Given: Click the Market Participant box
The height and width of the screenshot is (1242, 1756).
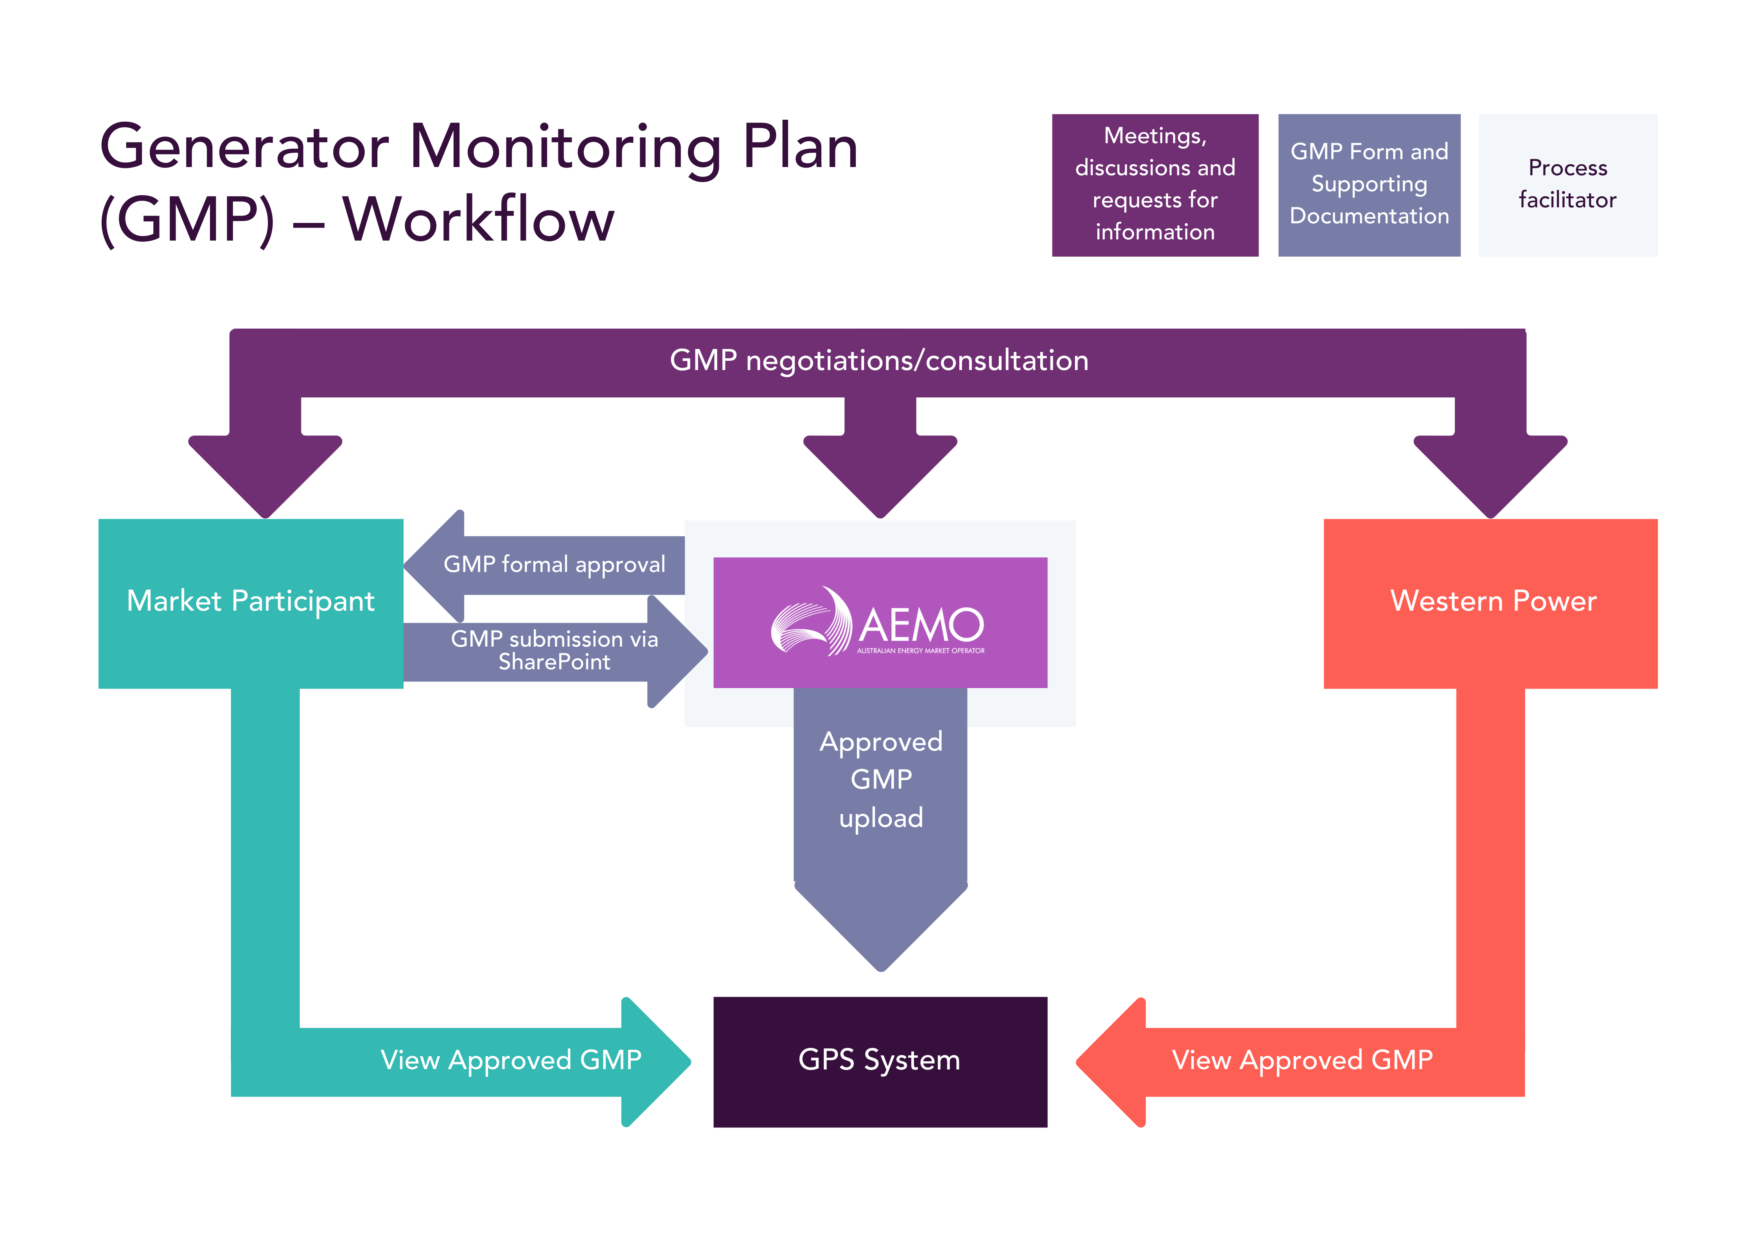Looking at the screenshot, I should coord(250,603).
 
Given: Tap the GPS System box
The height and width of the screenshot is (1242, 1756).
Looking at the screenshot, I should coord(880,1061).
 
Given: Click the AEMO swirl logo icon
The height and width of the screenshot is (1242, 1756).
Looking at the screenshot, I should coord(811,621).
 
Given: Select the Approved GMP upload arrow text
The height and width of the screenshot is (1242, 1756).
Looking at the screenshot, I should coord(881,779).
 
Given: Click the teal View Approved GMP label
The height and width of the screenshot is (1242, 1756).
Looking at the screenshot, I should coord(511,1060).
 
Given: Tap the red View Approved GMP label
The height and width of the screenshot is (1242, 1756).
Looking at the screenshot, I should coord(1302,1060).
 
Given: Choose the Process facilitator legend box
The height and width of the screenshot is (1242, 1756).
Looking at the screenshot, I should coord(1567,184).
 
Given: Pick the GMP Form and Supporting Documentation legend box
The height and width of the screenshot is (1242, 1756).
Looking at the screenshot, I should coord(1369,184).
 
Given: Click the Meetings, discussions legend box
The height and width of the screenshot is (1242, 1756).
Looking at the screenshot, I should coord(1155,184).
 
